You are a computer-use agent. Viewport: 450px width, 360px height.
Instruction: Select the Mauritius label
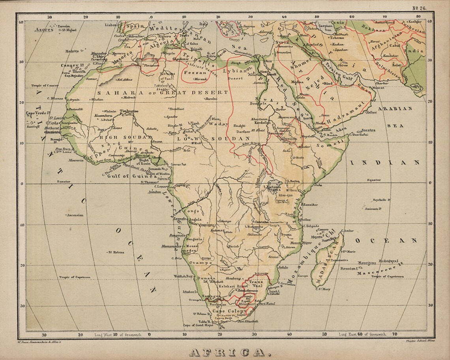368,262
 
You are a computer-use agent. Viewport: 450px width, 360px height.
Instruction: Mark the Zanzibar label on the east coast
308,204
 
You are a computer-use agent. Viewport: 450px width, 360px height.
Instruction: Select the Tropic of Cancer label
45,85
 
